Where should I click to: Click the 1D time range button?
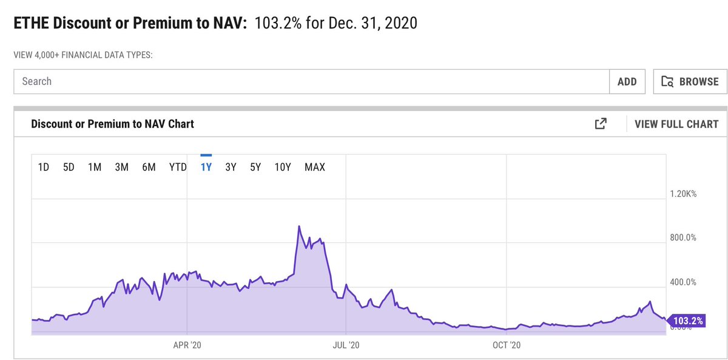tap(44, 167)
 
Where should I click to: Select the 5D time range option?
tap(69, 167)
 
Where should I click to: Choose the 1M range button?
tap(94, 167)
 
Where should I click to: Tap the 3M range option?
tap(121, 167)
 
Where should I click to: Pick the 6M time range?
tap(149, 167)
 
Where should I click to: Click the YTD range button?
tap(178, 167)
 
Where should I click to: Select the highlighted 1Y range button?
tap(206, 167)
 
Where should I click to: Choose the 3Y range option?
tap(231, 167)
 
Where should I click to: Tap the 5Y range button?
tap(255, 167)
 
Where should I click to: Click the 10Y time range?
tap(283, 167)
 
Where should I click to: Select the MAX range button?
tap(315, 167)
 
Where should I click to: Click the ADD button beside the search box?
tap(627, 81)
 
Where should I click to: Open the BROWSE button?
tap(690, 81)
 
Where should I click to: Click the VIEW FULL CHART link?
tap(676, 124)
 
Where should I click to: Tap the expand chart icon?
tap(601, 124)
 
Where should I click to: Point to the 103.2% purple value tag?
tap(688, 321)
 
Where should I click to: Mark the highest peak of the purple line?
tap(299, 227)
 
